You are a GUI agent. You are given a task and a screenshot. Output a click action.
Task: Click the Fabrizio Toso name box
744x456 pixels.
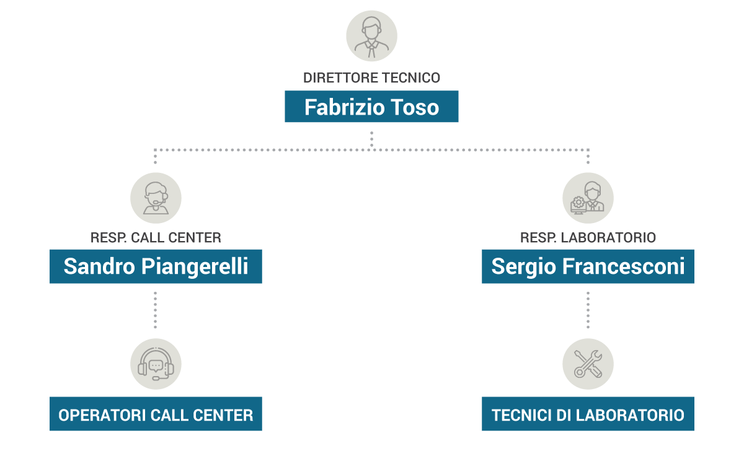tap(371, 107)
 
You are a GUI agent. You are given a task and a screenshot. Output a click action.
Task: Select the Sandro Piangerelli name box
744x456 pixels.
tap(156, 266)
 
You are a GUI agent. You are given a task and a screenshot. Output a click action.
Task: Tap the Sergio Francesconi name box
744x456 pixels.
tap(588, 266)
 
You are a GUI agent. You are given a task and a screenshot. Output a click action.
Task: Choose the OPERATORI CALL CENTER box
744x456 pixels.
tap(156, 414)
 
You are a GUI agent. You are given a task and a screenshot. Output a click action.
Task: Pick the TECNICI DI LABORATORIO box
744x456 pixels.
tap(588, 414)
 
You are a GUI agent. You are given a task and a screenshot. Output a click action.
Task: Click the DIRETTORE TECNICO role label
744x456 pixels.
tap(371, 78)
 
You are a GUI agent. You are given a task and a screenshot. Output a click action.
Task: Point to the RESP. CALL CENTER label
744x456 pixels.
tap(156, 237)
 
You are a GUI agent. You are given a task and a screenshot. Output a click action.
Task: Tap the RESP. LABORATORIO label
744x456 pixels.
tap(588, 237)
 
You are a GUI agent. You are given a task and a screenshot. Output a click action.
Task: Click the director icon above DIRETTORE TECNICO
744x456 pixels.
tap(371, 36)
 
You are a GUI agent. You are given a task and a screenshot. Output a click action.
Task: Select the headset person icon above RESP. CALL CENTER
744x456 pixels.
tap(156, 198)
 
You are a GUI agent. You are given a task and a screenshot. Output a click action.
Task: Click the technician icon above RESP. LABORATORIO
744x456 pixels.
tap(588, 198)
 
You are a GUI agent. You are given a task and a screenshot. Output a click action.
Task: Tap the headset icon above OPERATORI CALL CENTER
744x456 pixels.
tap(156, 364)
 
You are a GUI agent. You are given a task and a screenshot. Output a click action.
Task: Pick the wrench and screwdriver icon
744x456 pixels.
tap(588, 364)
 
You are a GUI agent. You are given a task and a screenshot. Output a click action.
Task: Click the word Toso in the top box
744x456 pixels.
tap(414, 107)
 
